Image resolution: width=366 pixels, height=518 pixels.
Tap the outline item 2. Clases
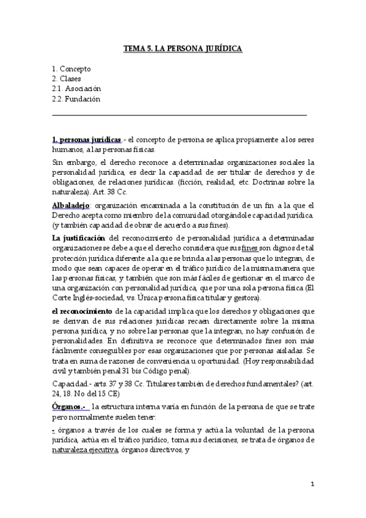67,79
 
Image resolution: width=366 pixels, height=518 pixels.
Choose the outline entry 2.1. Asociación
76,89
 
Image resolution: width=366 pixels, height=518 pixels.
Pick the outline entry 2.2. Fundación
76,99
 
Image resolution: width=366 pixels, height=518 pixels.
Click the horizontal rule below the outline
180,114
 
